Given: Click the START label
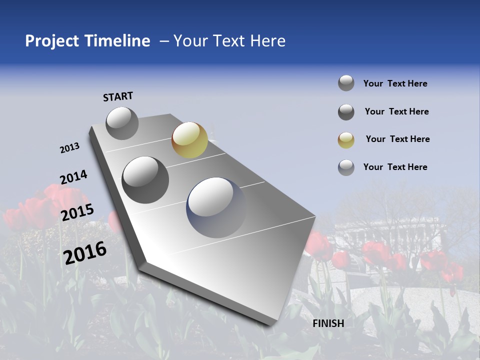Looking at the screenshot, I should coord(118,96).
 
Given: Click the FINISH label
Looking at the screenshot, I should coord(328,323).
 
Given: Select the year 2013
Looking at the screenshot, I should coord(70,148).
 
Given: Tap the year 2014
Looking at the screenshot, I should coord(73,177).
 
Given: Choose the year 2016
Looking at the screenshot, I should coord(85,252).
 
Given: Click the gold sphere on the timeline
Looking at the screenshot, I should coord(189,140).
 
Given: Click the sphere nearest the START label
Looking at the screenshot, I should coord(122,123).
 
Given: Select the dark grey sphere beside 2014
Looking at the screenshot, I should coord(145,179).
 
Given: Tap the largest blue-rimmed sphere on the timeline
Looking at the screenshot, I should coord(216,207).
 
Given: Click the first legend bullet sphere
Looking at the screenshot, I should coord(346,83).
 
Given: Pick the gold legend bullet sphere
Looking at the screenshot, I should coord(346,140).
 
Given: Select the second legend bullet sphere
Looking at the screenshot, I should coord(346,112).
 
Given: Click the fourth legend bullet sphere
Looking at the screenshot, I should coord(346,167).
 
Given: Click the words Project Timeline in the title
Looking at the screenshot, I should coord(87,41).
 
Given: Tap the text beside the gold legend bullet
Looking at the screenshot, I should coord(397,139).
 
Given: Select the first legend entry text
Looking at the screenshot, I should coord(395,83).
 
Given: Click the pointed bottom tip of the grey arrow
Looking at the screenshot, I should coord(272,325).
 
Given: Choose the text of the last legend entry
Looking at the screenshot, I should coord(395,167).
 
